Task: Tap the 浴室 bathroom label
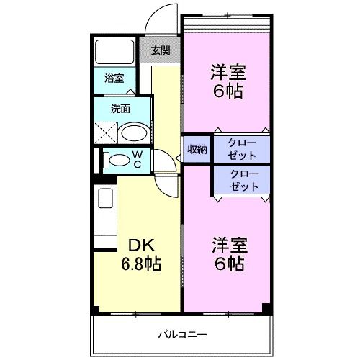[x=114, y=78]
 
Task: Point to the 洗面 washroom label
[x=120, y=109]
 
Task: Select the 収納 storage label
[x=197, y=149]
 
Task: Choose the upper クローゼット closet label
[x=241, y=149]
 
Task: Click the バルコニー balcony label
[x=183, y=335]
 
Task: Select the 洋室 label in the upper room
[x=228, y=72]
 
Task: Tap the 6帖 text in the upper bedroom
[x=228, y=91]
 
